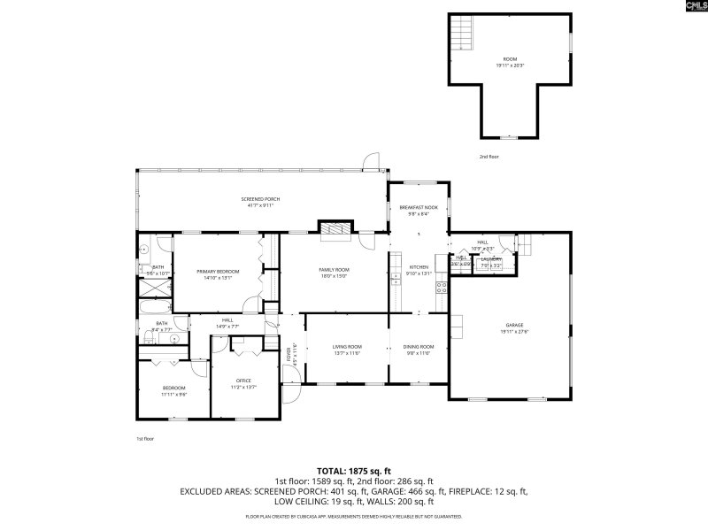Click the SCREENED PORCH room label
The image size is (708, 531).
[x=261, y=199]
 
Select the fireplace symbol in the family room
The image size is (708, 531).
[x=335, y=230]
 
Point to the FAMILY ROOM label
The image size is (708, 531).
[x=335, y=269]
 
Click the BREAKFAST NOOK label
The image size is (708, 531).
[x=419, y=207]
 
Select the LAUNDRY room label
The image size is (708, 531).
[x=491, y=259]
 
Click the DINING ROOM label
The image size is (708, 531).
[x=419, y=346]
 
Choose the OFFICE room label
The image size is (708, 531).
[x=243, y=381]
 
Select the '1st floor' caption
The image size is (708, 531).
[x=144, y=439]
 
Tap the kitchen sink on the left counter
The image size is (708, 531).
[x=396, y=277]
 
